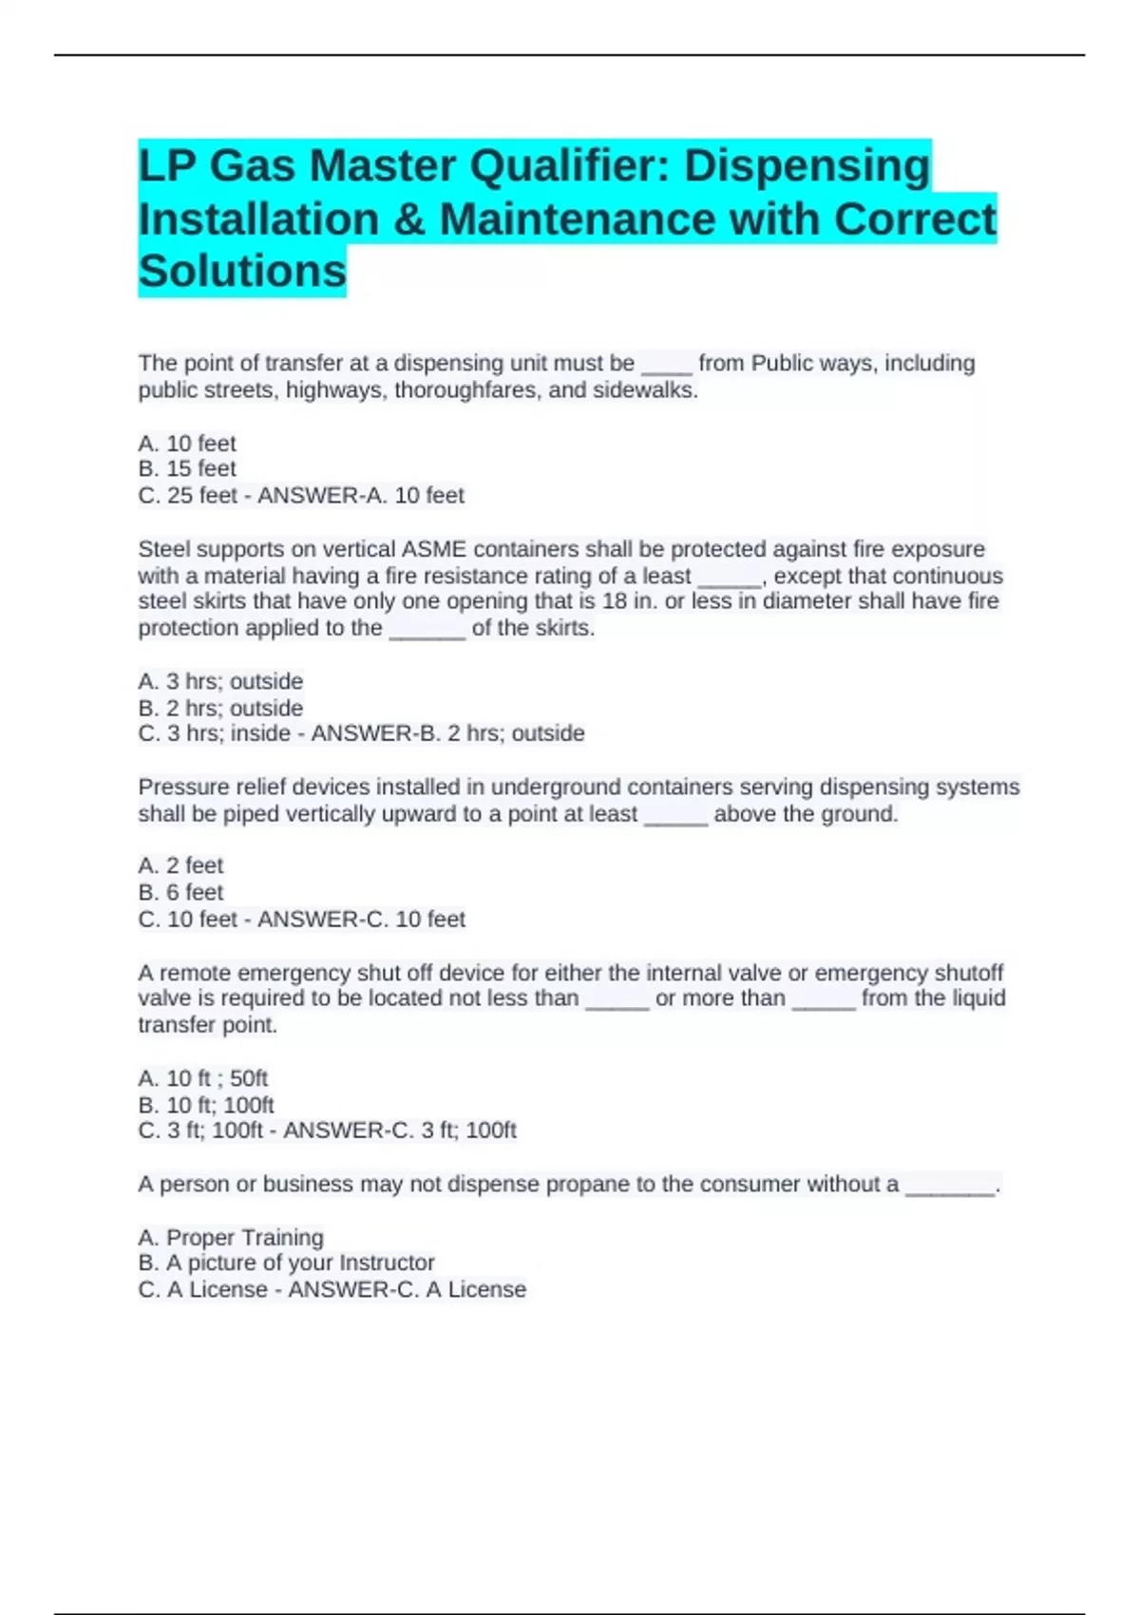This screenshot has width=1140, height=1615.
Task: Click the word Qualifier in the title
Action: [x=570, y=166]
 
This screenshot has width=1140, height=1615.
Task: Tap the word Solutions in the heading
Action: [x=242, y=272]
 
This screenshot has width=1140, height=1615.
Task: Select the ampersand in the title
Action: [x=408, y=219]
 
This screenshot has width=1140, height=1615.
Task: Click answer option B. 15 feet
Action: [x=187, y=469]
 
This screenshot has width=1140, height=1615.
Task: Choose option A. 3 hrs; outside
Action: [x=220, y=682]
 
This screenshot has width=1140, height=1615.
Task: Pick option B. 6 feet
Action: [x=180, y=893]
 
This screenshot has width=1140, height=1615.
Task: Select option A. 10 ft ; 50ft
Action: [x=202, y=1079]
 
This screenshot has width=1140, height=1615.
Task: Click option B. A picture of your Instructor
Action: [x=286, y=1263]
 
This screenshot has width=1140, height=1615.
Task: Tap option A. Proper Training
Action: [x=231, y=1238]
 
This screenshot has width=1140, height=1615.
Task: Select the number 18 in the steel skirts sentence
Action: [x=614, y=601]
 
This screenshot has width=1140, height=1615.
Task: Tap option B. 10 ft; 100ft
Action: [x=206, y=1106]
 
